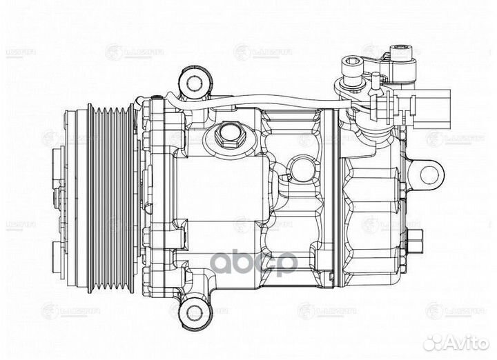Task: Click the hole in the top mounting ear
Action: tap(194, 83)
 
